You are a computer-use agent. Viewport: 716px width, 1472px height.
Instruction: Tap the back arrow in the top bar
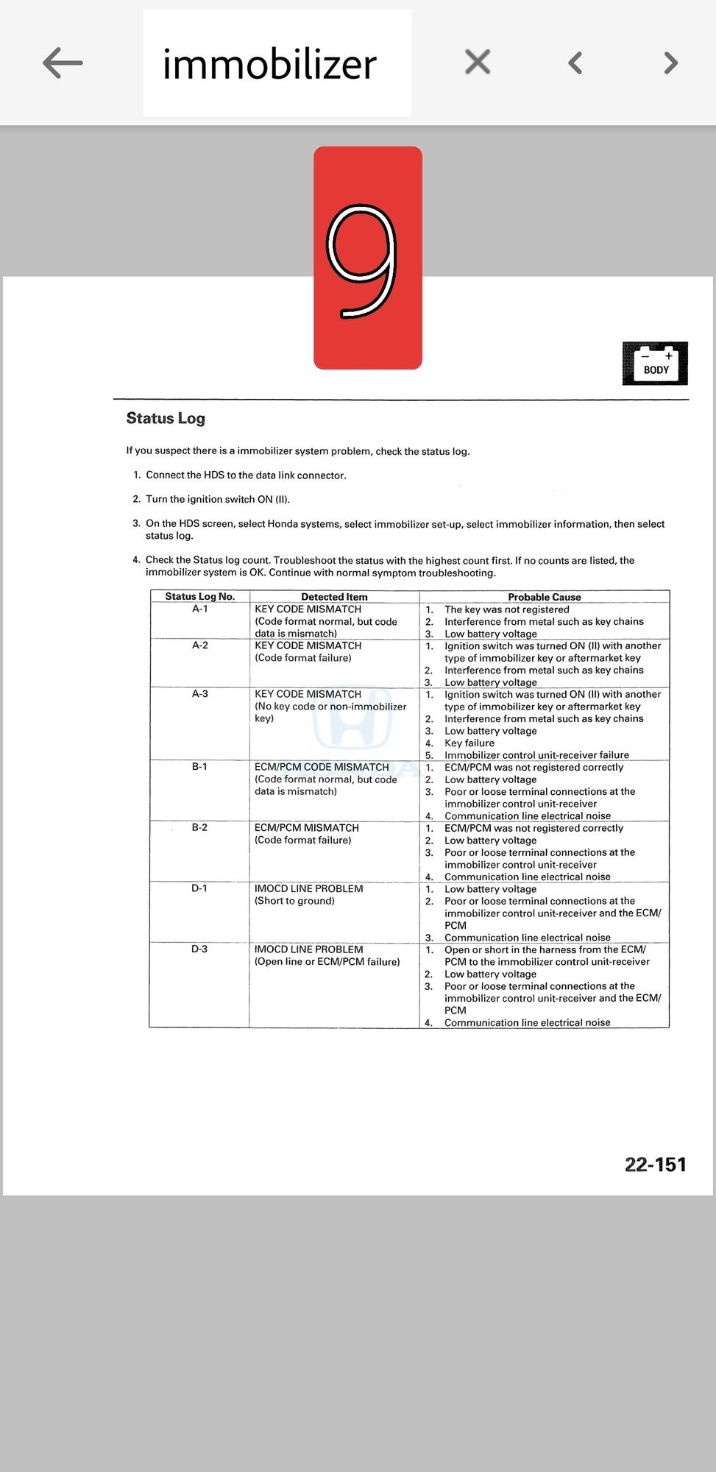pyautogui.click(x=63, y=63)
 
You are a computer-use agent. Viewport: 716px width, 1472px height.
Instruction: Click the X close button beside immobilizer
pyautogui.click(x=478, y=63)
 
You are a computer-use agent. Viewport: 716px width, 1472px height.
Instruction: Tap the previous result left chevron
pyautogui.click(x=575, y=63)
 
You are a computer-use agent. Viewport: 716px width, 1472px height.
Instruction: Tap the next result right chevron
pyautogui.click(x=670, y=63)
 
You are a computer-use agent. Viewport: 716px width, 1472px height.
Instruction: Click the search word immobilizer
pyautogui.click(x=269, y=64)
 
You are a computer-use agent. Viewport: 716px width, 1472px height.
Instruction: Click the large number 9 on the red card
pyautogui.click(x=363, y=261)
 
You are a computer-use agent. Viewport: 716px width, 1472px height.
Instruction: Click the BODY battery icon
pyautogui.click(x=655, y=363)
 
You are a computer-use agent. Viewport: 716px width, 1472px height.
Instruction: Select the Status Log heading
pyautogui.click(x=166, y=418)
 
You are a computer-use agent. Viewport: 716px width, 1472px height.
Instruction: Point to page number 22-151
pyautogui.click(x=655, y=1164)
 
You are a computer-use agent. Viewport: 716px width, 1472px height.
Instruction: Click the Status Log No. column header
pyautogui.click(x=199, y=597)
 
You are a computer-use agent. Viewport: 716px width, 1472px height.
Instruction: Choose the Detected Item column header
pyautogui.click(x=334, y=597)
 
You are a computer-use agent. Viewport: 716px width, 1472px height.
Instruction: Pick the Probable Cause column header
pyautogui.click(x=544, y=597)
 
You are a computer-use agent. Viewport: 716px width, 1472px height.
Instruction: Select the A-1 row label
pyautogui.click(x=199, y=609)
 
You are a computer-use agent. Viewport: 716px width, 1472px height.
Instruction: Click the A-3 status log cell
pyautogui.click(x=199, y=694)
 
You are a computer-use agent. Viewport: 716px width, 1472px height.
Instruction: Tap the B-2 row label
pyautogui.click(x=199, y=827)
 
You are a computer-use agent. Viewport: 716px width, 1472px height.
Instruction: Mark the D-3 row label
pyautogui.click(x=199, y=949)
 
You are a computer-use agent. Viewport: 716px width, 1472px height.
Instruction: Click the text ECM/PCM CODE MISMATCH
pyautogui.click(x=322, y=767)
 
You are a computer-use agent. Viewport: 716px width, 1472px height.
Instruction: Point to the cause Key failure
pyautogui.click(x=469, y=743)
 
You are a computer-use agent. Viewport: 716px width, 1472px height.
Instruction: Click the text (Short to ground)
pyautogui.click(x=294, y=901)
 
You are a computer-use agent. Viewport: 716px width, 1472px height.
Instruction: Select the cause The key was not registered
pyautogui.click(x=506, y=609)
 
